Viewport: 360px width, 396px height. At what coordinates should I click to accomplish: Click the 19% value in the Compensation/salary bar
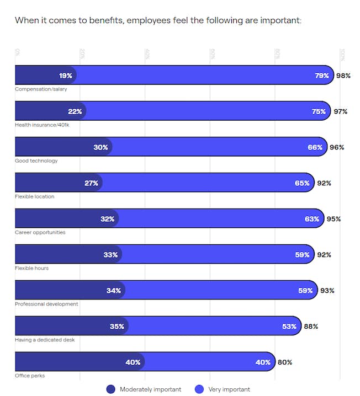click(x=66, y=76)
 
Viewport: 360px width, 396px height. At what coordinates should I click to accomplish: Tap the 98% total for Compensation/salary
click(x=343, y=76)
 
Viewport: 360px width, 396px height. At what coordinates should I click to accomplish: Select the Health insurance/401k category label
click(x=42, y=125)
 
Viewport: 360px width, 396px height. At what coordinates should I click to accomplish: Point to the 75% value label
click(x=319, y=111)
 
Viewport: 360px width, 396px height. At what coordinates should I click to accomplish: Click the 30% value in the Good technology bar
click(x=100, y=147)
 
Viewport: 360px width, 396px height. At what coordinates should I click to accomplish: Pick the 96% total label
click(x=337, y=147)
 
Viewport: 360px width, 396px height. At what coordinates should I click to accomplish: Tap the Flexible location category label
click(x=35, y=196)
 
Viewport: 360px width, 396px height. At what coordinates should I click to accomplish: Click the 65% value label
click(x=302, y=183)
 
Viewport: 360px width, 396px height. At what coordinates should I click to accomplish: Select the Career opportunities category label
click(x=40, y=232)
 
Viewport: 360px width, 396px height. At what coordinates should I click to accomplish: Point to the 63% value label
click(x=312, y=219)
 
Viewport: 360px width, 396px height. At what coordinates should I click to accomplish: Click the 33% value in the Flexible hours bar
click(x=110, y=255)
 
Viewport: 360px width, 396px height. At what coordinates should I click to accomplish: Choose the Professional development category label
click(x=46, y=304)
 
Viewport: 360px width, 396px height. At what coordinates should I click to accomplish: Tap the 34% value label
click(x=114, y=291)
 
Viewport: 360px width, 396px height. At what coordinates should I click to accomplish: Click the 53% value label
click(x=289, y=327)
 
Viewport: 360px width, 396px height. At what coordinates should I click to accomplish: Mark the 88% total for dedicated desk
click(x=311, y=327)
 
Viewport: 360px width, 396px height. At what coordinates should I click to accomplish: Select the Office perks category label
click(x=30, y=376)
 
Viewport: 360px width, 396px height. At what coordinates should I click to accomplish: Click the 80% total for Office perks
click(x=285, y=362)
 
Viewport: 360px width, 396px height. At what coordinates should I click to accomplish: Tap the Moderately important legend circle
click(x=110, y=389)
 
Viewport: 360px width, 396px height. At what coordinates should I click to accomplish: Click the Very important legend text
click(x=229, y=389)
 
